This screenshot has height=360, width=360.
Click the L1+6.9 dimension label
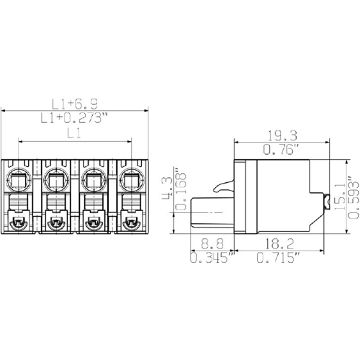pyautogui.click(x=75, y=104)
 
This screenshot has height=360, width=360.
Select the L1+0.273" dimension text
pyautogui.click(x=73, y=118)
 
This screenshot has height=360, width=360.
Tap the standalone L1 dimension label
pyautogui.click(x=74, y=133)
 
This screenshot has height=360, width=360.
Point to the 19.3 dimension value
pyautogui.click(x=282, y=135)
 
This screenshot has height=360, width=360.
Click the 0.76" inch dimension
pyautogui.click(x=282, y=150)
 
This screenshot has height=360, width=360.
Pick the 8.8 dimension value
pyautogui.click(x=212, y=244)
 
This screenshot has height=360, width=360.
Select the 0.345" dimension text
pyautogui.click(x=212, y=258)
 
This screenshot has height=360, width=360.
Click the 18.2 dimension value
pyautogui.click(x=279, y=244)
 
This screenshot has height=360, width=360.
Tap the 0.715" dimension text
pyautogui.click(x=279, y=258)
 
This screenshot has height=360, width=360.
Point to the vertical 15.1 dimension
pyautogui.click(x=339, y=196)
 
